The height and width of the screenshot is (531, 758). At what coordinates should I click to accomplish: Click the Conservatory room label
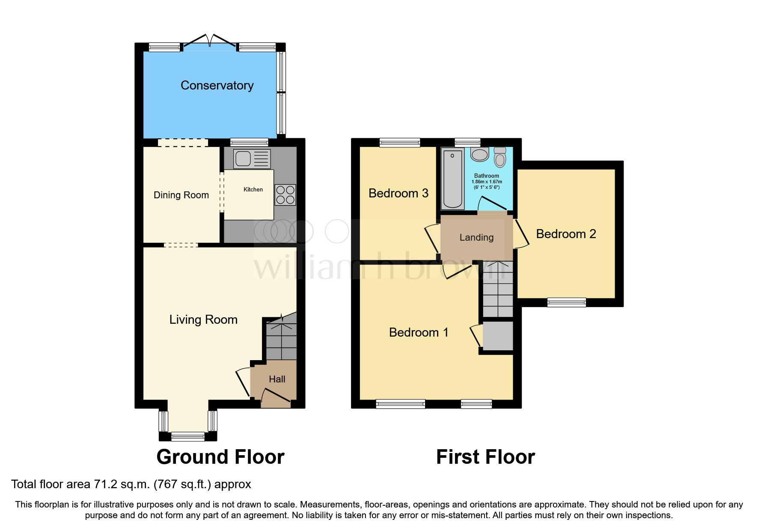(217, 86)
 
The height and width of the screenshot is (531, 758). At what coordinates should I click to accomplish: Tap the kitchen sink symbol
(252, 159)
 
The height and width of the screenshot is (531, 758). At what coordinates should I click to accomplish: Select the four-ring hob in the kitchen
(285, 195)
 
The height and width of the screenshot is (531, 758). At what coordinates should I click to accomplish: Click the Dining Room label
(181, 195)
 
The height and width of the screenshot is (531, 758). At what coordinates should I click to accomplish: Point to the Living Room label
(203, 320)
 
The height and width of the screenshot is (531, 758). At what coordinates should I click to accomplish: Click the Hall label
(277, 379)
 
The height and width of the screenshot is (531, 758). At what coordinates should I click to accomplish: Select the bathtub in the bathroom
(452, 178)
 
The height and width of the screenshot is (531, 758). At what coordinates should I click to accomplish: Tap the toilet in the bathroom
(500, 157)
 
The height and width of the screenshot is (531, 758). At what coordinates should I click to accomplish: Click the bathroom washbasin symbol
(480, 155)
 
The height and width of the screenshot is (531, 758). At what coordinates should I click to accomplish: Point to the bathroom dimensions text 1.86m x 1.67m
(487, 182)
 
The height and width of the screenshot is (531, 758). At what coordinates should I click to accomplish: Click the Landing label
(476, 238)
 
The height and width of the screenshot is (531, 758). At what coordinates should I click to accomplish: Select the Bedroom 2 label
(566, 234)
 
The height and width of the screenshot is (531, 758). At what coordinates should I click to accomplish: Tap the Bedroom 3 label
(398, 194)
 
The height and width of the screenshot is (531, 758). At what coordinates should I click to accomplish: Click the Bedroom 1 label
(419, 333)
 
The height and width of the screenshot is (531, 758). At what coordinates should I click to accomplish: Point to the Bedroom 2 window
(566, 302)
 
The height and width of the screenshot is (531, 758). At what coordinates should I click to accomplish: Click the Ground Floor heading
(220, 457)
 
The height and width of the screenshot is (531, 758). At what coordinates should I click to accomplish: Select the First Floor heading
(485, 457)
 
